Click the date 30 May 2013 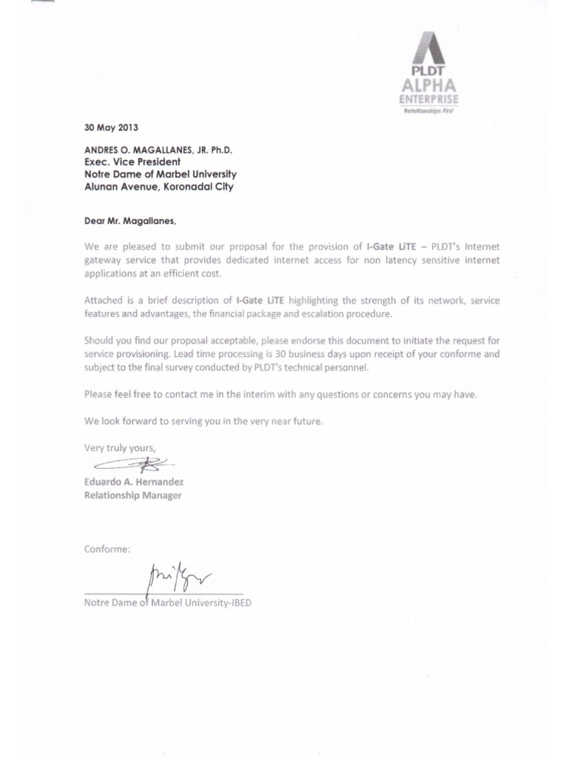coord(111,126)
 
